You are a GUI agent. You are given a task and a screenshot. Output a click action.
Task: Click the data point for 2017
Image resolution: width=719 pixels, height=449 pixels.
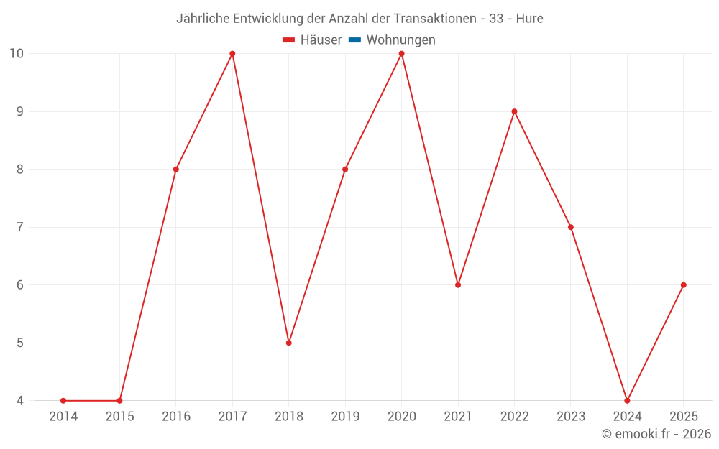(x=232, y=54)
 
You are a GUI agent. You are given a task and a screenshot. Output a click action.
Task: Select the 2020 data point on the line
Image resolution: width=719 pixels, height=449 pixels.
(x=401, y=54)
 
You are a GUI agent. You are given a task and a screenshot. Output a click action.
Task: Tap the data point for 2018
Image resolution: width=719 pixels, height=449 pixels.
(x=288, y=343)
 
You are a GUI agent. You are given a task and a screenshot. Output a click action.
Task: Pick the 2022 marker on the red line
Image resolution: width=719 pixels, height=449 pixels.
(x=514, y=111)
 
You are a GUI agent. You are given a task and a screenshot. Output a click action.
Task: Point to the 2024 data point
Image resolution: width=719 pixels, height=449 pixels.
(x=627, y=401)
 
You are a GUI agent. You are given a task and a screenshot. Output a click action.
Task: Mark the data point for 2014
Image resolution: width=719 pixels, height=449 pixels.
(x=63, y=401)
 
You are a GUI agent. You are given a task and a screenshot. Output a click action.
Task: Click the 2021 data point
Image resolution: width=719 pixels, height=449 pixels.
(x=458, y=285)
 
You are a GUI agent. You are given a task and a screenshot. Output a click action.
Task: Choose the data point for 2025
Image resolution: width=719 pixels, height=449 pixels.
(x=684, y=285)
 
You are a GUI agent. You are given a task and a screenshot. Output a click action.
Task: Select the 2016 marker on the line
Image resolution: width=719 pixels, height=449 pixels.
(x=175, y=170)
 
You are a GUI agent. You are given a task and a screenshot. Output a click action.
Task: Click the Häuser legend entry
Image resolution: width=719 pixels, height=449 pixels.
(x=312, y=40)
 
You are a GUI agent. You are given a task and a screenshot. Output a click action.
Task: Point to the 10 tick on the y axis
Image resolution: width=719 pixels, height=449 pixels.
(x=17, y=54)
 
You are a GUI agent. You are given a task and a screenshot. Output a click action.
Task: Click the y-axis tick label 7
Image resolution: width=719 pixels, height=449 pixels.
(x=20, y=227)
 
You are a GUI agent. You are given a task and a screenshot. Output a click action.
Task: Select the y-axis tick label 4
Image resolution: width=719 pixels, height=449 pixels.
(x=20, y=401)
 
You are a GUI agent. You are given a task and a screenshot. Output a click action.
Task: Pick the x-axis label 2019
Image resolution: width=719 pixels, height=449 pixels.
(x=345, y=417)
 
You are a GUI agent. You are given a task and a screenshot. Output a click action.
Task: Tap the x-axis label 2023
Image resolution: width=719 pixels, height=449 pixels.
(x=571, y=417)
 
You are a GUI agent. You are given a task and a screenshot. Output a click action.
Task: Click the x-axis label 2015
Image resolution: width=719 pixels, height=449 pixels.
(x=119, y=417)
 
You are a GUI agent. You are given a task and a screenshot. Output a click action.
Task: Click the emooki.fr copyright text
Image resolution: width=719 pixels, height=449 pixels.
(x=656, y=434)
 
